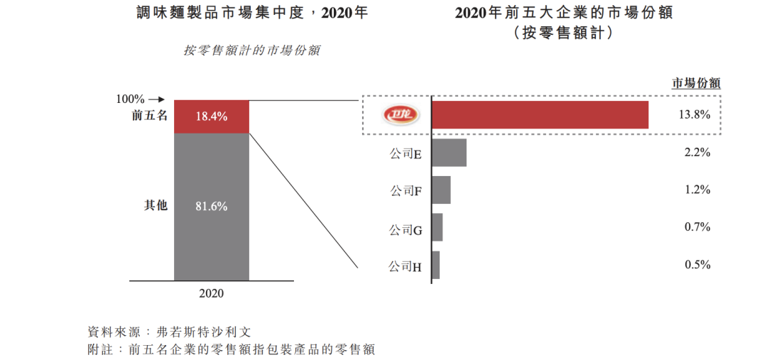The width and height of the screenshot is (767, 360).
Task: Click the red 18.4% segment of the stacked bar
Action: (212, 116)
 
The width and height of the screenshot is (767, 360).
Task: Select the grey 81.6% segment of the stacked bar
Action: (212, 207)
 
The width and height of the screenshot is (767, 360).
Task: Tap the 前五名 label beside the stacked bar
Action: (149, 116)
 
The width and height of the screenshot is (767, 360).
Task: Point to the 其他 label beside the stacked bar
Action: (156, 206)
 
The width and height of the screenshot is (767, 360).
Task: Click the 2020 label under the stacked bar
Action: (211, 293)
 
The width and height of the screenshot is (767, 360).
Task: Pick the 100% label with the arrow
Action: (140, 99)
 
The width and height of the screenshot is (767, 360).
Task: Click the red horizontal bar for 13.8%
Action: (540, 115)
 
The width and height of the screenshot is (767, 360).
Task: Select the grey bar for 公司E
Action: (449, 153)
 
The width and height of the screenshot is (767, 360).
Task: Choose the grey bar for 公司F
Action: (441, 190)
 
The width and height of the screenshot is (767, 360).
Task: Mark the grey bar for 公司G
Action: (437, 227)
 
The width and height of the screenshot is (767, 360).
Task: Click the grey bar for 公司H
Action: (436, 265)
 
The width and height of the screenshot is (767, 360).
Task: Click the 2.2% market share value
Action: (697, 152)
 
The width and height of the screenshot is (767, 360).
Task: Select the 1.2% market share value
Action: (697, 190)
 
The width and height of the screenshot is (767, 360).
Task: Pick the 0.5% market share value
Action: (697, 264)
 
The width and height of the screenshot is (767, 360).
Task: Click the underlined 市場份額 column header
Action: (696, 83)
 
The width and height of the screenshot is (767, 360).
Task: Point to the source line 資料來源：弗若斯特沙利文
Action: (169, 331)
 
